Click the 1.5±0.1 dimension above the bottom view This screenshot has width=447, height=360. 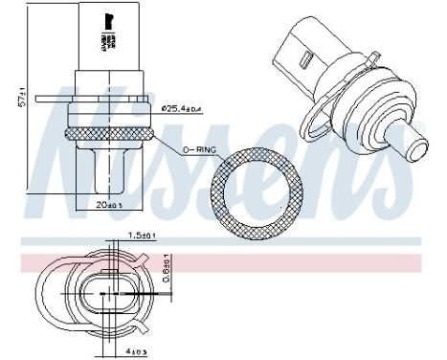tap(145, 235)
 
